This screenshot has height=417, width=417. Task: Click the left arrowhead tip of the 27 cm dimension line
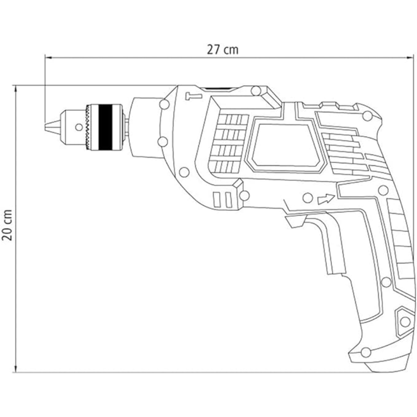[x=46, y=58]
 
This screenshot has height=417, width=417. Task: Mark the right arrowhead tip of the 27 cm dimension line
[x=412, y=58]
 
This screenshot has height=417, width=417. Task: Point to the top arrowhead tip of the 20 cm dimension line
[x=15, y=86]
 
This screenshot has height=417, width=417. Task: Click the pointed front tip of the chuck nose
[x=45, y=127]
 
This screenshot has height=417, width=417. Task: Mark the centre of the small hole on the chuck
[x=79, y=127]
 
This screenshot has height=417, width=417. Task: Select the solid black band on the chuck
[x=105, y=127]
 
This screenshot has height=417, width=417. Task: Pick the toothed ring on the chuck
[x=88, y=127]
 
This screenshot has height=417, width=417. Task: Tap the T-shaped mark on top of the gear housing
[x=194, y=96]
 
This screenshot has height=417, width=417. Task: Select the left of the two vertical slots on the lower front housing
[x=216, y=200]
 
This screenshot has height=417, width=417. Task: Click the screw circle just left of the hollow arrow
[x=308, y=198]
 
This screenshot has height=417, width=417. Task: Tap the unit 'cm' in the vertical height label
[x=8, y=216]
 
